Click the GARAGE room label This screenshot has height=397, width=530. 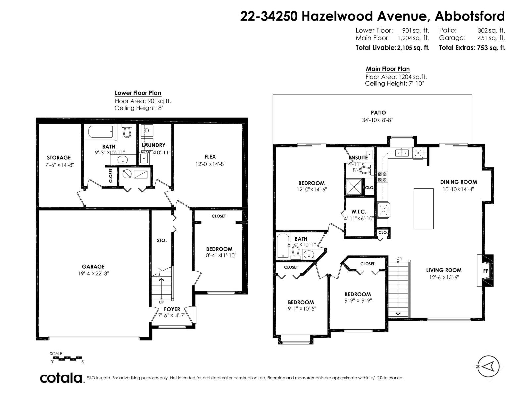tap(93, 266)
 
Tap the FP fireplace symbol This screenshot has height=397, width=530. tap(486, 270)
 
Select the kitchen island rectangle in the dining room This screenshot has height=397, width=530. tap(423, 208)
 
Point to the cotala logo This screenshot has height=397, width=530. tap(62, 378)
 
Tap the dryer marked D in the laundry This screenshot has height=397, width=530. tap(147, 131)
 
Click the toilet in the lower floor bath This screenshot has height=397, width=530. tap(127, 131)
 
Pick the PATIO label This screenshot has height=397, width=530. tap(378, 113)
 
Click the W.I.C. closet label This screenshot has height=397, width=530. tap(359, 212)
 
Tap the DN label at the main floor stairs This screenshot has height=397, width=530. tap(399, 258)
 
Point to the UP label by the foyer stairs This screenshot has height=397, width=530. tap(161, 302)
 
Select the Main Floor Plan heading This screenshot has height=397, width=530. tap(388, 69)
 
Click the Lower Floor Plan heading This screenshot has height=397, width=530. tap(138, 93)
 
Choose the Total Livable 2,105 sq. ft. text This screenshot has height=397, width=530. tap(392, 48)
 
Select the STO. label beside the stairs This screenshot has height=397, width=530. tap(162, 240)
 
